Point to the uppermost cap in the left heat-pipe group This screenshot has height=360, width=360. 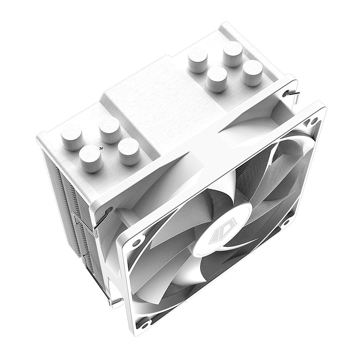pos(110,129)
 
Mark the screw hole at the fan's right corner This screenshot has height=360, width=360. pos(285,222)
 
